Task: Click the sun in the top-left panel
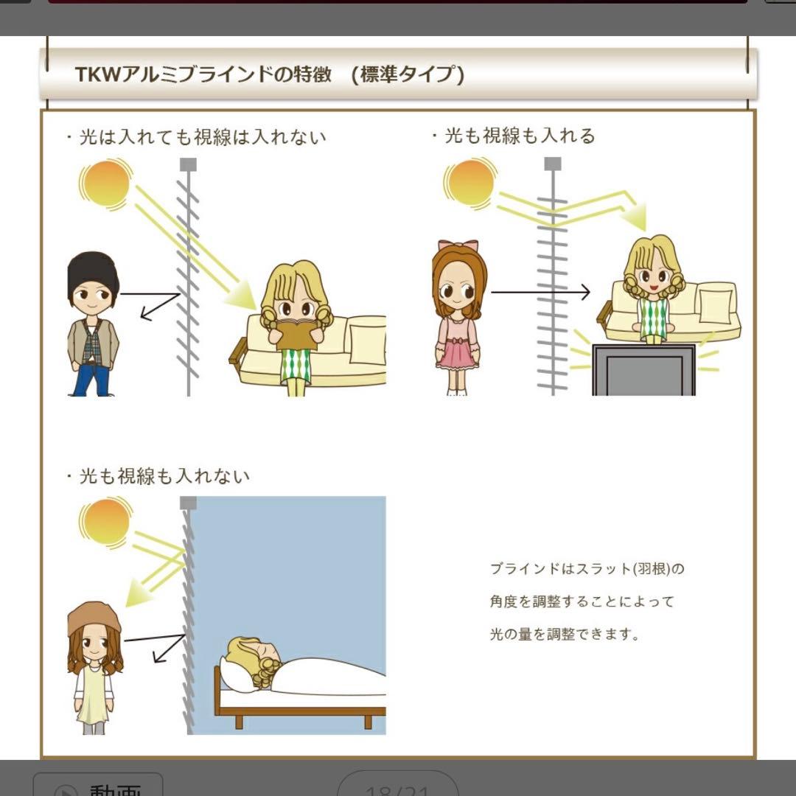106,182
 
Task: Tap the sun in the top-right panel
469,184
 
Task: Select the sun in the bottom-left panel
105,522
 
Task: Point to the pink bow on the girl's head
458,245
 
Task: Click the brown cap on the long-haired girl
94,618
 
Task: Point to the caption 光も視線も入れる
519,136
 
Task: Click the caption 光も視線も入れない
164,476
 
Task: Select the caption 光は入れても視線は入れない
202,137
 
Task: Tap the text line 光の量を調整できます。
565,634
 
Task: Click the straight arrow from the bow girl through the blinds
540,293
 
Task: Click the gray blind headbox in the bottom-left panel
189,503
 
